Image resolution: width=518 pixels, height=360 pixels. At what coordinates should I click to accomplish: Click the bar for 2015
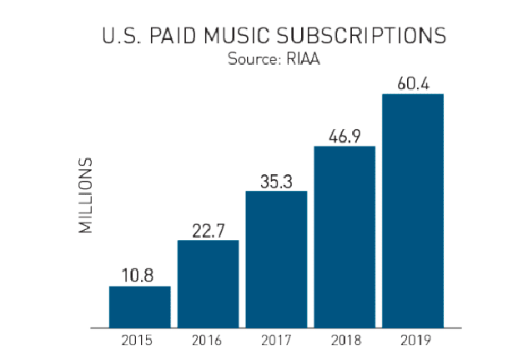[x=139, y=307]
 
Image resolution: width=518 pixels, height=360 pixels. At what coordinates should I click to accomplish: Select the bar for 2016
[x=208, y=283]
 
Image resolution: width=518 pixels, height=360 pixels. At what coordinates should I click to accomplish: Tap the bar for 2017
[x=276, y=259]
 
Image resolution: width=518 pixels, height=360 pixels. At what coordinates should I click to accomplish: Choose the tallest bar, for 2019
[x=412, y=210]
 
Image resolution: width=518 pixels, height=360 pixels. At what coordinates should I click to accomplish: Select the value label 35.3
[x=276, y=178]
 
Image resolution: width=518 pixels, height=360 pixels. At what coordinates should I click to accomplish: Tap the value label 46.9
[x=344, y=133]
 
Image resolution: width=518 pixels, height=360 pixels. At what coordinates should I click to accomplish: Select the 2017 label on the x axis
[x=276, y=341]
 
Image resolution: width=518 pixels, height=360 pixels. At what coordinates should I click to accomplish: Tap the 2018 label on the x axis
[x=344, y=341]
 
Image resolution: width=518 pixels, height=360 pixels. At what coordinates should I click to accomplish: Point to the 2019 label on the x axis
[x=412, y=341]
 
